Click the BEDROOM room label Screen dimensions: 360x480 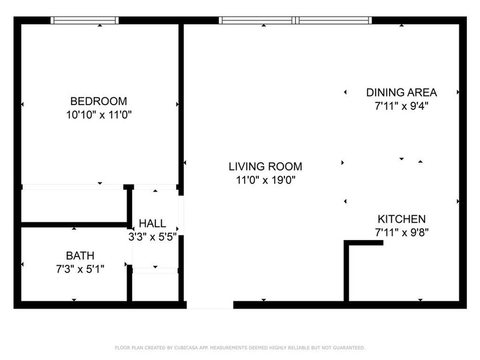coord(95,101)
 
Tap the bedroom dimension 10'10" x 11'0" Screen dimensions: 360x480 coord(95,115)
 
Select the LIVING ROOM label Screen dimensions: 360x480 coord(265,167)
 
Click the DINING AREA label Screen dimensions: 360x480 coord(401,92)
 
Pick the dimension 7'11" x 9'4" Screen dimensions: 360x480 coord(401,106)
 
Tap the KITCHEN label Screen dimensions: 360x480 coord(401,219)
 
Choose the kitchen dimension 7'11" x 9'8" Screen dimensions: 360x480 coord(401,233)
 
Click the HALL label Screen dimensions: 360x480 coord(152,223)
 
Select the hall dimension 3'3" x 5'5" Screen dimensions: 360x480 coord(152,236)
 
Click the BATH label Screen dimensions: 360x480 coord(80,255)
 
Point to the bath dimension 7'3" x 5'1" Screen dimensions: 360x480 coord(80,267)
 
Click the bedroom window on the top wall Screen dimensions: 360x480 coord(85,21)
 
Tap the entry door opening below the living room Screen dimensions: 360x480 coord(210,305)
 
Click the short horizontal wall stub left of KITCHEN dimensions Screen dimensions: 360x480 coord(364,243)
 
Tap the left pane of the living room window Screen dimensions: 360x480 coord(257,21)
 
